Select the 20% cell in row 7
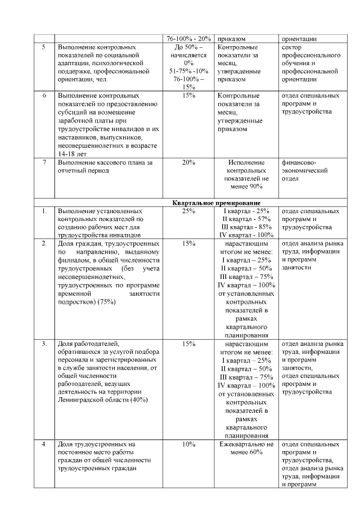coord(188,163)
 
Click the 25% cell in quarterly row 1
coord(188,211)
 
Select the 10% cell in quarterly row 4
coord(188,444)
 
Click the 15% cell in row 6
coord(188,96)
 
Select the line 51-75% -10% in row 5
coord(188,71)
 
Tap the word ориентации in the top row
coord(298,39)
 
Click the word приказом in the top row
coord(232,39)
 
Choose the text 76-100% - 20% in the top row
coord(188,39)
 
